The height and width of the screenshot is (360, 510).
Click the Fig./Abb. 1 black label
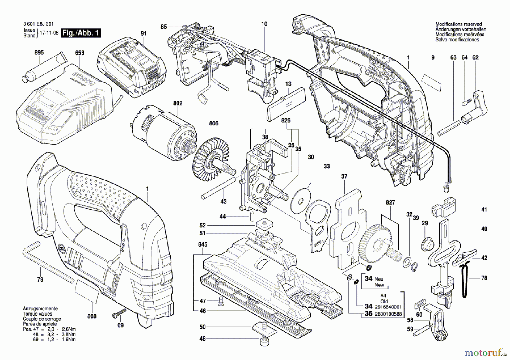[x=81, y=33]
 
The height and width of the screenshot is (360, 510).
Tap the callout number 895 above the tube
[x=39, y=52]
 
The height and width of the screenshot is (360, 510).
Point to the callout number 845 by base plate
[x=203, y=244]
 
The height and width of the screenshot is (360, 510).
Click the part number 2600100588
[x=388, y=314]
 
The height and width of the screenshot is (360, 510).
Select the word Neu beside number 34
[x=379, y=279]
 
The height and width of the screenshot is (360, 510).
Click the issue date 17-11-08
[x=49, y=33]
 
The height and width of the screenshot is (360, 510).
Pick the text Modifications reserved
[x=458, y=24]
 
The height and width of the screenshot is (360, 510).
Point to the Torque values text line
[x=37, y=314]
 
